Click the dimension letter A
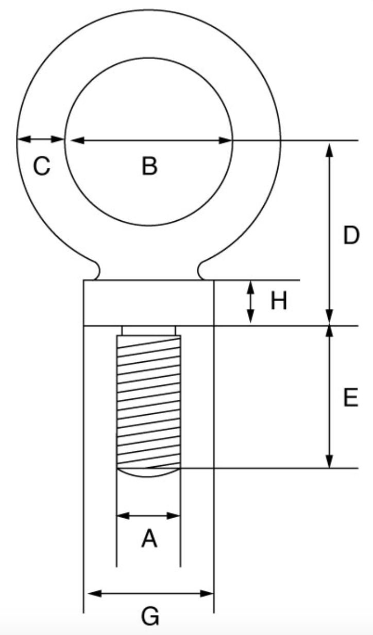149,539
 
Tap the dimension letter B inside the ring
149,167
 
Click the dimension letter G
150,616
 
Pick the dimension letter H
279,302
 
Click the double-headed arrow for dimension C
41,139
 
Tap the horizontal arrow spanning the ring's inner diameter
149,140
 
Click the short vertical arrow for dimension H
251,302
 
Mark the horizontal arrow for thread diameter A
149,515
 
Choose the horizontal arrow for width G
150,593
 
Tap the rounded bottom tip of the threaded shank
149,472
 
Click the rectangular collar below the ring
148,303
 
